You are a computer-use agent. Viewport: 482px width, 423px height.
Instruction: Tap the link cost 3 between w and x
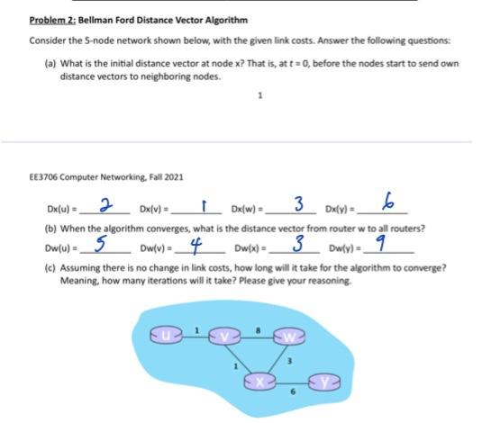point(287,360)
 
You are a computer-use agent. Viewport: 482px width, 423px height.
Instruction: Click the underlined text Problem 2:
point(54,20)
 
